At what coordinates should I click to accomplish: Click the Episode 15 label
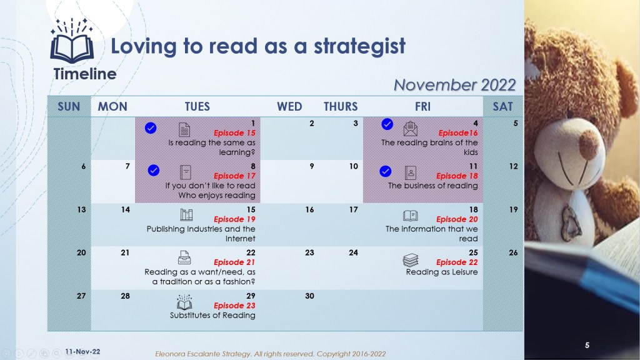tap(234, 132)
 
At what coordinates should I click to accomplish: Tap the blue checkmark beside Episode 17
tap(154, 170)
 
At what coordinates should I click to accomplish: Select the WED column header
tap(289, 106)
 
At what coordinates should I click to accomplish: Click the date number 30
tap(309, 296)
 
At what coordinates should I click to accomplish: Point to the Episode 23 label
tap(234, 305)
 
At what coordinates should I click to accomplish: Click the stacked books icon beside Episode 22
tap(411, 260)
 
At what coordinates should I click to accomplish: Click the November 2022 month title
tap(455, 85)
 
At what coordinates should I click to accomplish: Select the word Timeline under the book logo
tap(85, 74)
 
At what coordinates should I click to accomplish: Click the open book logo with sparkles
tap(72, 41)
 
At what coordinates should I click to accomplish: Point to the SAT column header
tap(502, 106)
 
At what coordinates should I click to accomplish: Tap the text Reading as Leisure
tap(442, 272)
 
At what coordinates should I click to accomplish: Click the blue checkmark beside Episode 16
tap(387, 124)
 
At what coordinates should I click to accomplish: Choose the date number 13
tap(82, 209)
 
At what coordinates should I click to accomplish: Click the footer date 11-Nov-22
tap(82, 351)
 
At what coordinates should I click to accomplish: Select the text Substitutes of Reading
tap(212, 315)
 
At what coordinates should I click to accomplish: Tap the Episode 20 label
tap(457, 219)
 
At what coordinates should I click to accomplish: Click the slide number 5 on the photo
tap(587, 345)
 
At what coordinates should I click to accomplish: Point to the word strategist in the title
tap(359, 46)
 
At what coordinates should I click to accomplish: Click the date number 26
tap(513, 252)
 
